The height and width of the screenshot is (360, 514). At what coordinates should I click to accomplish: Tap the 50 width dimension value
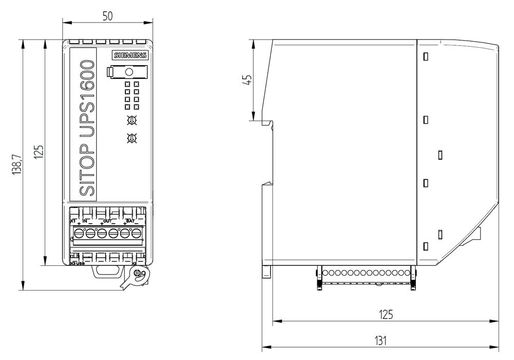click(107, 15)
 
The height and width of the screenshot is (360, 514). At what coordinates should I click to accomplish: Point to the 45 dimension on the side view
click(247, 80)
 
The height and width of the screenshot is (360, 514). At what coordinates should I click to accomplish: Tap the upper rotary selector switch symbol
click(132, 120)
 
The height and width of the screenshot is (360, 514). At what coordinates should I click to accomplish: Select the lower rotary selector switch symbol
click(132, 138)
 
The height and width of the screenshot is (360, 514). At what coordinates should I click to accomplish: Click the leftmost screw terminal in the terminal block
click(79, 234)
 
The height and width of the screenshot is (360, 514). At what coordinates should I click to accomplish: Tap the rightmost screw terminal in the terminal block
click(136, 234)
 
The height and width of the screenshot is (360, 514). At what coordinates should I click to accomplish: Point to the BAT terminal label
click(130, 221)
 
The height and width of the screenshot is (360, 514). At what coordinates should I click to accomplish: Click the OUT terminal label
click(107, 221)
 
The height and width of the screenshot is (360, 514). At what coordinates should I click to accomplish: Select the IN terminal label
click(85, 221)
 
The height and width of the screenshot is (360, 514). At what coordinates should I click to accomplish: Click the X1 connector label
click(73, 221)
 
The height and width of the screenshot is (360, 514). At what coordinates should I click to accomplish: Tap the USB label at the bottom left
click(80, 264)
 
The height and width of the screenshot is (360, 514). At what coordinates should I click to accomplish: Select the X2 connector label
click(134, 264)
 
